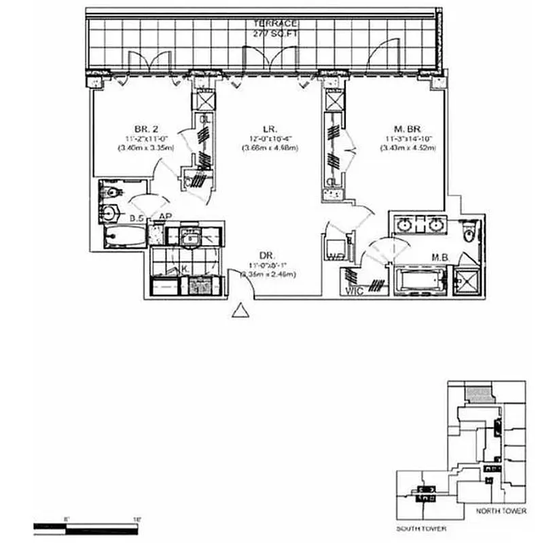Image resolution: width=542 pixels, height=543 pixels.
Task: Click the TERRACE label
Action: [270, 23]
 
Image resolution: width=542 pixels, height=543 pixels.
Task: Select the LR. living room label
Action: [267, 127]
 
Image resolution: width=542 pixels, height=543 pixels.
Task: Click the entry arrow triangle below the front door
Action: [239, 311]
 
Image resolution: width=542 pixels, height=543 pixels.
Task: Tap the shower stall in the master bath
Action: [467, 281]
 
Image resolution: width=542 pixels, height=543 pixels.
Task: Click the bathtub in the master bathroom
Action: [419, 280]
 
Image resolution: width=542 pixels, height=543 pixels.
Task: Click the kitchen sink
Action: [191, 238]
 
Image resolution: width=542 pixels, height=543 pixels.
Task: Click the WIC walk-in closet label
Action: [353, 291]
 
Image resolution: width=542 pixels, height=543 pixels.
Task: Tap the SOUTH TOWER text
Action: [420, 527]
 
